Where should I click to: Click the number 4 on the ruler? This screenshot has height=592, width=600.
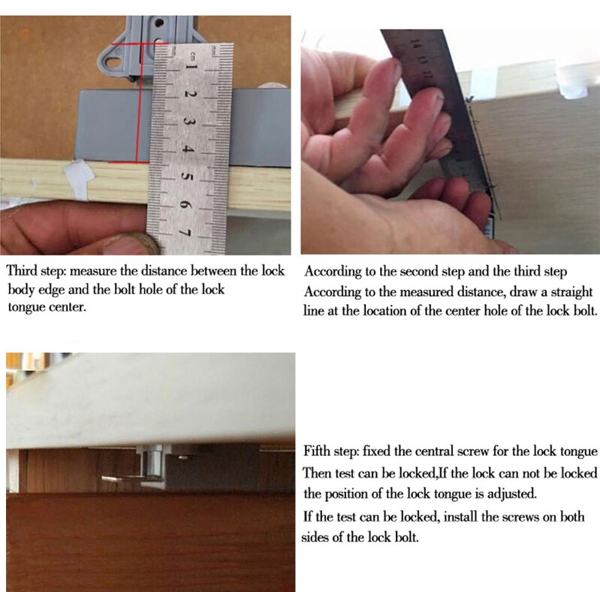(189, 150)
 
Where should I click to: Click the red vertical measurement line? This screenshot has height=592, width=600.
(137, 105)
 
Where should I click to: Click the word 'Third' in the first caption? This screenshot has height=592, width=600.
(24, 271)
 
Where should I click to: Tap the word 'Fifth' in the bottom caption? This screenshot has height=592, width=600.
(318, 452)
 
